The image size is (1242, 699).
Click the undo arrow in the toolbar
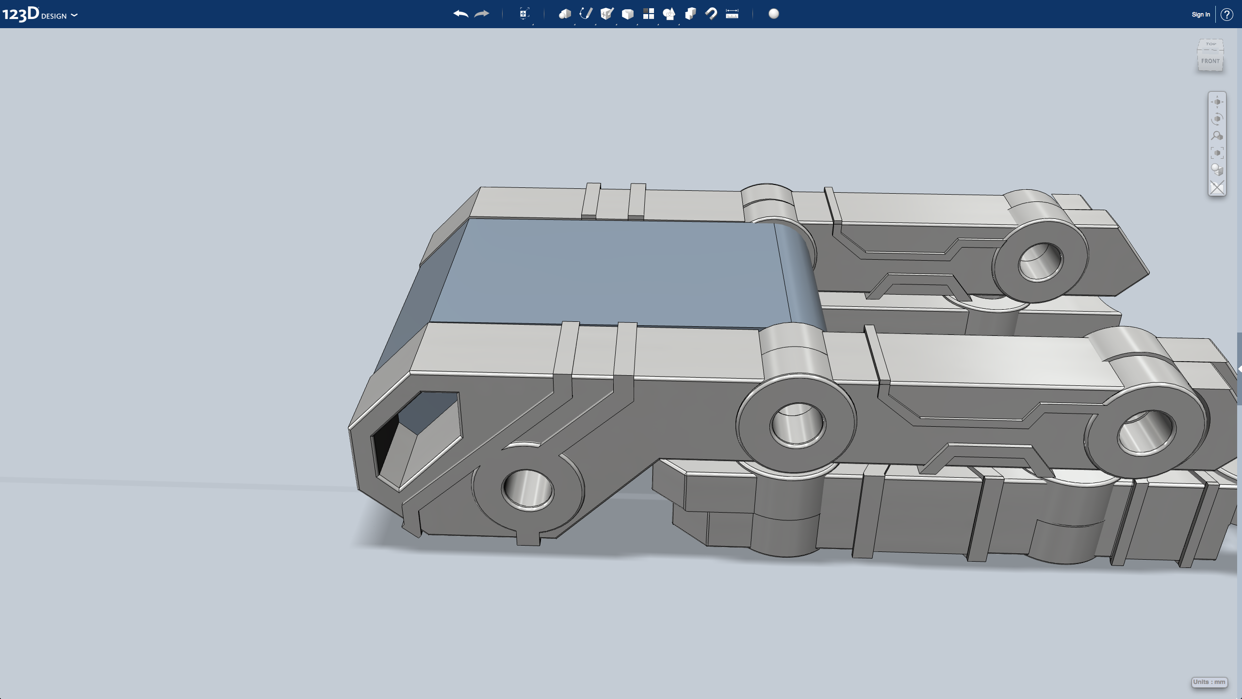pyautogui.click(x=460, y=14)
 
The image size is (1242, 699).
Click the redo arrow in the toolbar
pyautogui.click(x=482, y=14)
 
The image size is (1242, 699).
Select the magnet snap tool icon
pyautogui.click(x=711, y=14)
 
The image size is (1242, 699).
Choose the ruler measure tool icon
pyautogui.click(x=732, y=14)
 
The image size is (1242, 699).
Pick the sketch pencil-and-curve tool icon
pyautogui.click(x=586, y=14)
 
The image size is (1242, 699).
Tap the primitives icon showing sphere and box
pyautogui.click(x=565, y=14)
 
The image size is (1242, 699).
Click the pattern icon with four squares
pyautogui.click(x=649, y=14)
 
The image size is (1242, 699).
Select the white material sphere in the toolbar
pyautogui.click(x=774, y=14)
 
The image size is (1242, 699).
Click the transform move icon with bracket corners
pyautogui.click(x=524, y=14)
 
